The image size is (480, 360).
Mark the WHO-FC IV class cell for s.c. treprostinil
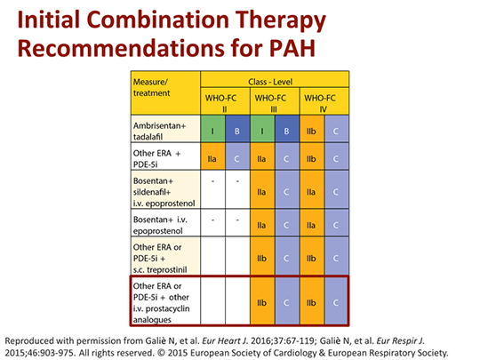click(x=311, y=257)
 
